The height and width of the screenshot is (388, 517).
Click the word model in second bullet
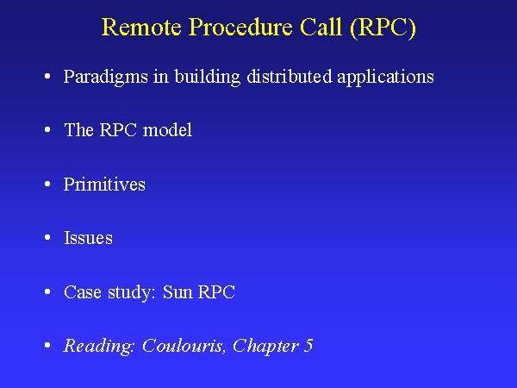167,130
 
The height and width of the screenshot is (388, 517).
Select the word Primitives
104,185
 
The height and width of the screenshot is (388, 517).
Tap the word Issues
88,238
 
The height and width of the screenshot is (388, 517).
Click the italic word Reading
99,346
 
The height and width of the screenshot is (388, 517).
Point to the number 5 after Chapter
308,346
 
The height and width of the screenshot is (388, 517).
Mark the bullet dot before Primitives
47,185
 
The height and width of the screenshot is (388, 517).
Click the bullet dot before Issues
47,239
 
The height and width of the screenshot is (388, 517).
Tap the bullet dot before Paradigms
47,78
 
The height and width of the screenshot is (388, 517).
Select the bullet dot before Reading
47,347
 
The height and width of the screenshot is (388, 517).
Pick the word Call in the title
320,28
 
